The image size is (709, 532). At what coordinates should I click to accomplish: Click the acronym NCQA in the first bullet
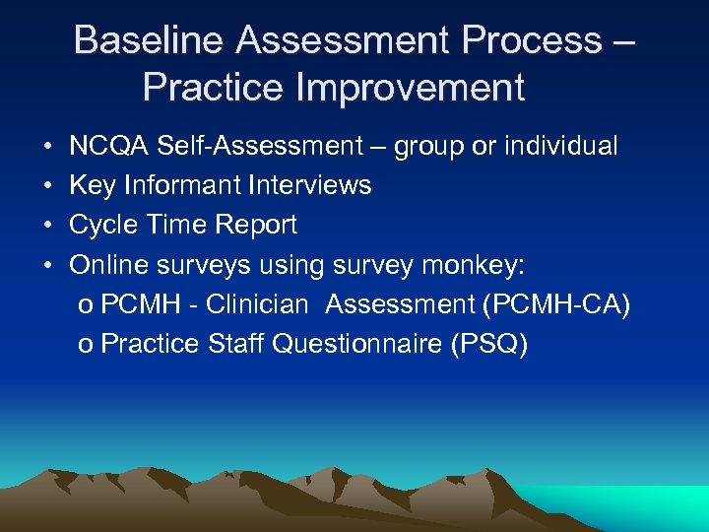[x=108, y=147]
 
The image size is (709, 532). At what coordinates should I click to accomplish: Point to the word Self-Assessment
[x=260, y=147]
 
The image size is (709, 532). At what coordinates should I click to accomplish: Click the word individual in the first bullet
[x=561, y=147]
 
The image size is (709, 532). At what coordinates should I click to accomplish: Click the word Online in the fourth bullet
[x=103, y=264]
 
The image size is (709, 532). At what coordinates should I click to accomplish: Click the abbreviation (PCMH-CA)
[x=556, y=304]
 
